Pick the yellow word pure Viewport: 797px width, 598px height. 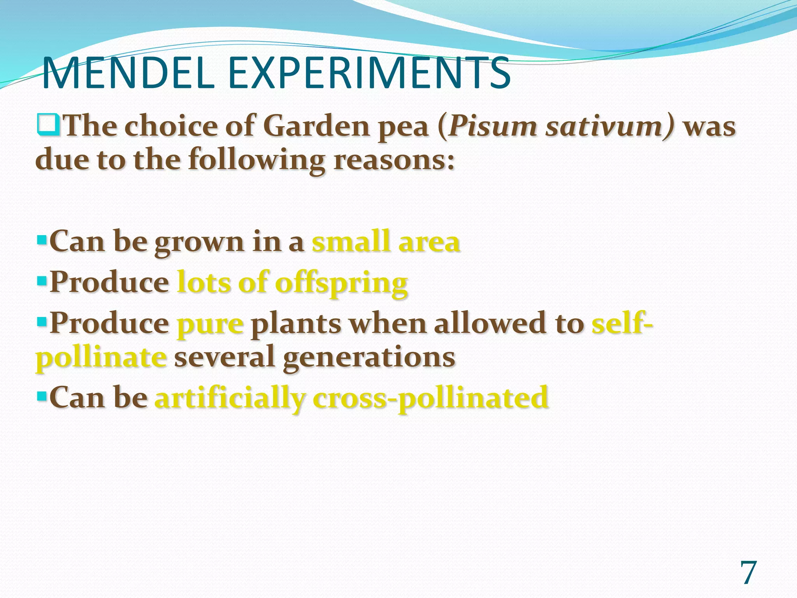click(211, 324)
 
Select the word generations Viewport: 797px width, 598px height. click(369, 357)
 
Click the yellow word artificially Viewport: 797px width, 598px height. click(230, 398)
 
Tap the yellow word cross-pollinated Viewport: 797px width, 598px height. click(430, 398)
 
